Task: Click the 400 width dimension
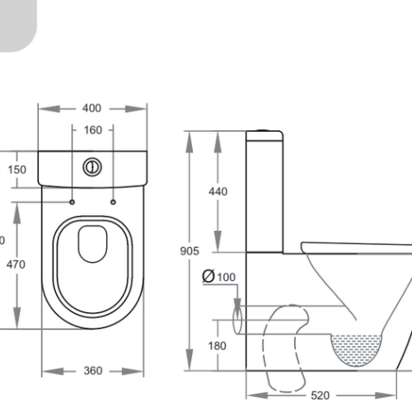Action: (92, 108)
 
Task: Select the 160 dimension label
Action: (92, 130)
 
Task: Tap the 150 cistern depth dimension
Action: (17, 170)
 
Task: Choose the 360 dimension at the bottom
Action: (93, 370)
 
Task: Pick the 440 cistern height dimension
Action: (218, 191)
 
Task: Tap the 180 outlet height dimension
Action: (218, 346)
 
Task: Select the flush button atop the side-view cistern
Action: (262, 130)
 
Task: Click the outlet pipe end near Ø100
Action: (240, 316)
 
